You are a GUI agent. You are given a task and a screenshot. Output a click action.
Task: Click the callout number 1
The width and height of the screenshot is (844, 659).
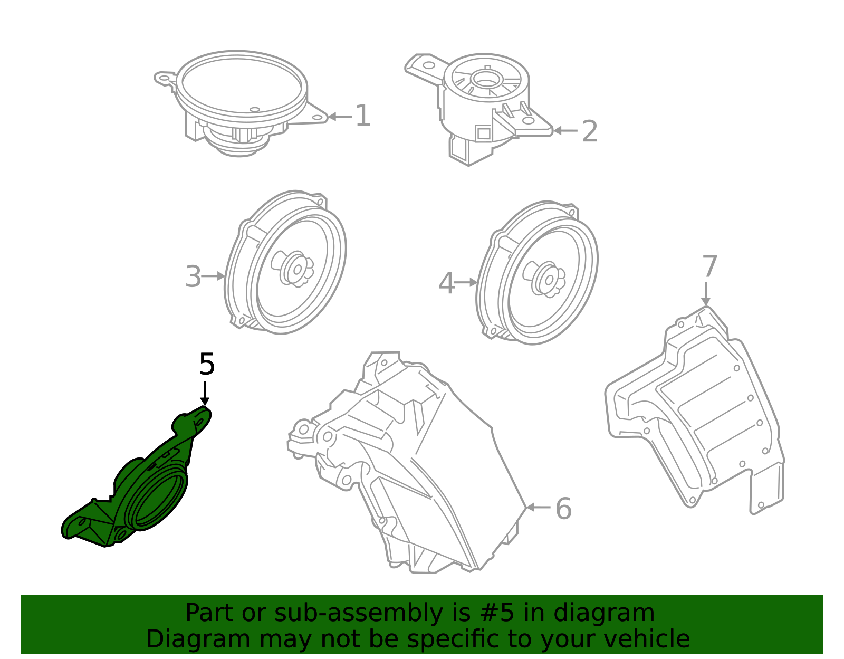[362, 116]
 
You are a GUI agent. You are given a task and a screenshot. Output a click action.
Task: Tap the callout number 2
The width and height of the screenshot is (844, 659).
[589, 131]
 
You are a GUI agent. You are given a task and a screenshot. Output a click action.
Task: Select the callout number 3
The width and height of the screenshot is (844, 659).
[193, 276]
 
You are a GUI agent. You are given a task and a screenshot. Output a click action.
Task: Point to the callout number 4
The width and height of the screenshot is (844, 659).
[446, 283]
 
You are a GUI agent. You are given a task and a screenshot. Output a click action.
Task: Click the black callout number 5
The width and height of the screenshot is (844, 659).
[207, 365]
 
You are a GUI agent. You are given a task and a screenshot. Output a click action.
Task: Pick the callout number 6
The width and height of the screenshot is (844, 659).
[563, 509]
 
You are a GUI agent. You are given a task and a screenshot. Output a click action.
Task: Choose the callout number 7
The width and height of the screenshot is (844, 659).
[709, 267]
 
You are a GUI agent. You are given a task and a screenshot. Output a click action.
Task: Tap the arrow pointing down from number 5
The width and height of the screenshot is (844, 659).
[205, 395]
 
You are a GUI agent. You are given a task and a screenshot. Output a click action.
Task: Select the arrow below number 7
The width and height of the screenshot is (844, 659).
[706, 294]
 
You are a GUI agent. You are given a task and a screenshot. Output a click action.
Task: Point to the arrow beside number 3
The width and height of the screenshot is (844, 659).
[214, 276]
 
